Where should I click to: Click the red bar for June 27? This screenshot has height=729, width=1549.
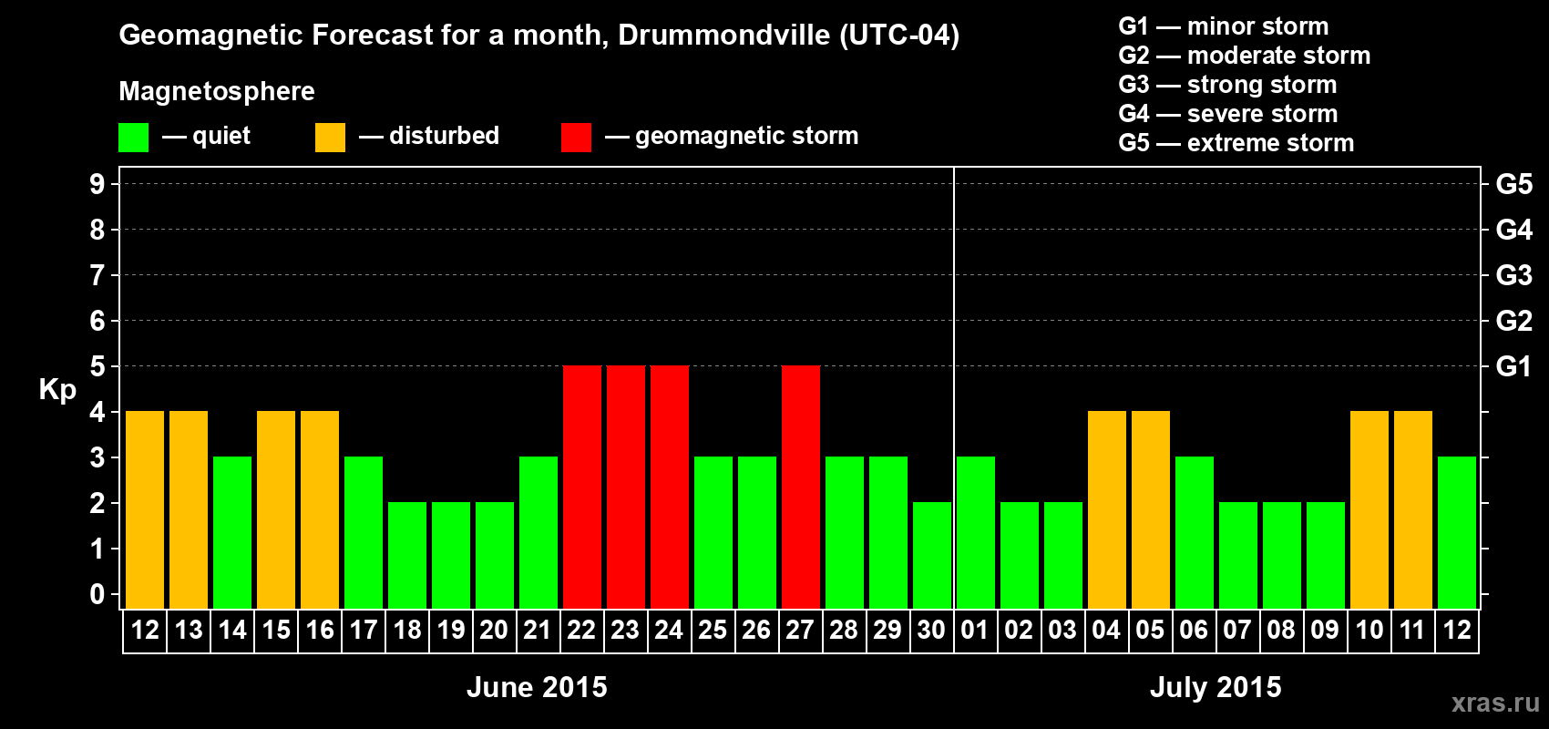point(801,487)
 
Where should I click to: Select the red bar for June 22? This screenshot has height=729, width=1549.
point(582,487)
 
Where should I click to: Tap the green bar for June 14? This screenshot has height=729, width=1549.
point(232,532)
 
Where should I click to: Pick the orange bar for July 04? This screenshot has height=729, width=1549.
point(1107,509)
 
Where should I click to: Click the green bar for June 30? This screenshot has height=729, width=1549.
point(932,555)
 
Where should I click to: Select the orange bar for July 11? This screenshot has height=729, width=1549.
point(1413,509)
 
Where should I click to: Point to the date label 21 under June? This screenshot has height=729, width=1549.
point(538,630)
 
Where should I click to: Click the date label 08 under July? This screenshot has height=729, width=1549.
point(1281,630)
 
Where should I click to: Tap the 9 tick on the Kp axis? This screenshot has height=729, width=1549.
point(97,184)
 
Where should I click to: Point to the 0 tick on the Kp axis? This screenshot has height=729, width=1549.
point(97,594)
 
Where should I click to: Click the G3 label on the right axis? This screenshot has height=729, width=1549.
point(1513,275)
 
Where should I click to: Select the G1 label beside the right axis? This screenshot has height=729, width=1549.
point(1513,366)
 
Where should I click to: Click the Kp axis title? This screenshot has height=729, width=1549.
point(57,389)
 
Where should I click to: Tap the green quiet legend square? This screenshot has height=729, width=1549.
point(134,138)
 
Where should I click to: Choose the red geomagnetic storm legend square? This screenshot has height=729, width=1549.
point(576,138)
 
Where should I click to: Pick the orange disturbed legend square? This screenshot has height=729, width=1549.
point(330,138)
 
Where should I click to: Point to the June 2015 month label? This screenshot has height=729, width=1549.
point(537,687)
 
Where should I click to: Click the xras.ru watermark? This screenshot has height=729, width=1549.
point(1495,702)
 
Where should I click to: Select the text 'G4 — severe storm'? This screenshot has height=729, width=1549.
point(1228,114)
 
